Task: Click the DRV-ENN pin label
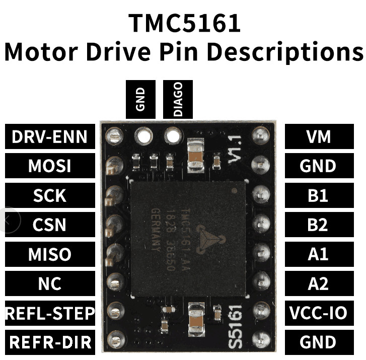click(50, 136)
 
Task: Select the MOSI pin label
click(50, 166)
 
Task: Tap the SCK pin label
click(50, 195)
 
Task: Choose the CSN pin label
click(50, 225)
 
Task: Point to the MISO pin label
click(50, 254)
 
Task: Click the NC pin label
click(50, 283)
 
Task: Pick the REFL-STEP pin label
click(50, 313)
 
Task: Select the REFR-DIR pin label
click(50, 342)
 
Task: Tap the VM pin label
click(319, 136)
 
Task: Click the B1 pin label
click(319, 195)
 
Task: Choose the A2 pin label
click(319, 283)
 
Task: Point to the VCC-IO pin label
click(319, 313)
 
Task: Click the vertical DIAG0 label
click(178, 100)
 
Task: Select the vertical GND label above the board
click(140, 100)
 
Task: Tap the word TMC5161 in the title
click(184, 23)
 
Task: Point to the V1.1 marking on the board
click(235, 151)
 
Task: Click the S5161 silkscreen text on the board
click(235, 327)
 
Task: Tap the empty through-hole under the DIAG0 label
click(173, 135)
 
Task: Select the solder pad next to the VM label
click(261, 135)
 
